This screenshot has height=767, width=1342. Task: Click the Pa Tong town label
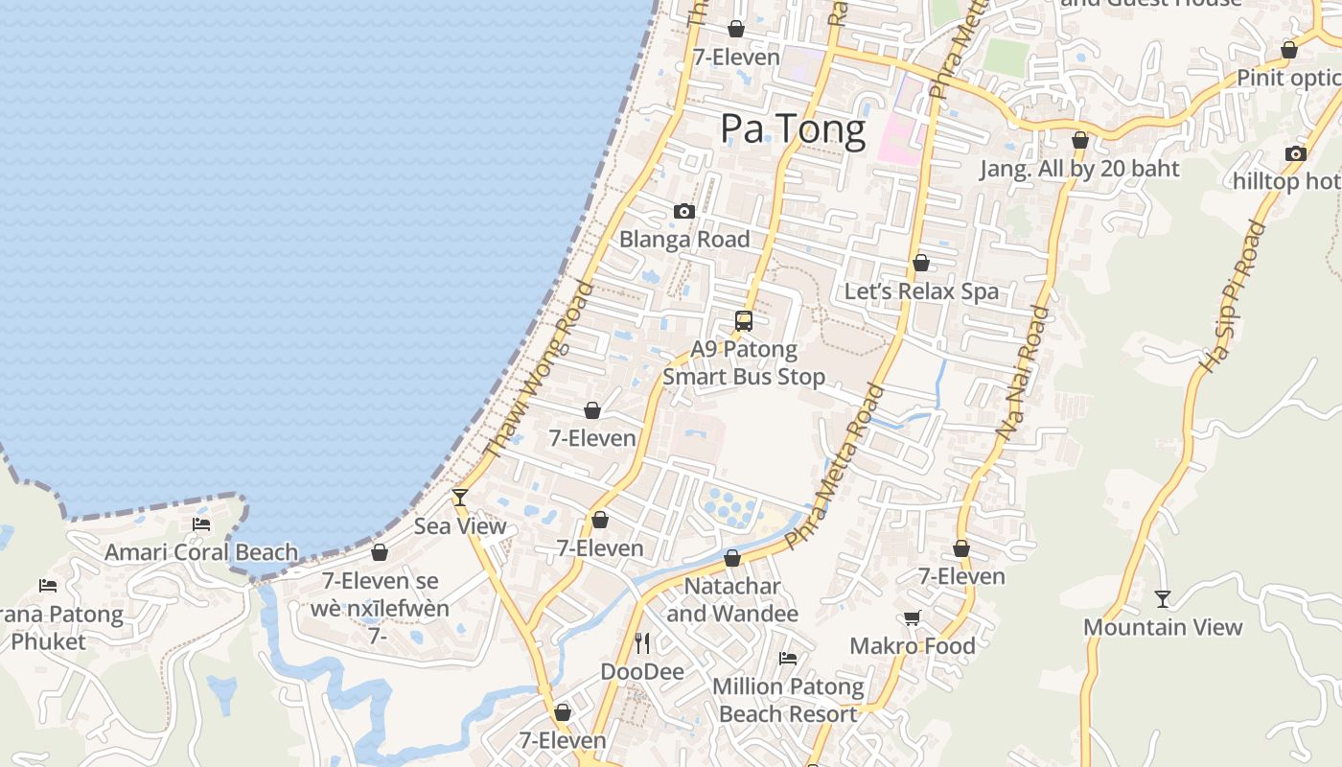point(793,128)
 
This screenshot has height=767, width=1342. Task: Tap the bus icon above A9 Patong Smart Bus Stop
point(744,321)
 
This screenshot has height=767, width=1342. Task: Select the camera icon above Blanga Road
point(683,212)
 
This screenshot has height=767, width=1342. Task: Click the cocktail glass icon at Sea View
point(460,497)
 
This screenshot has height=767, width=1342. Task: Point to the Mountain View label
point(1163,628)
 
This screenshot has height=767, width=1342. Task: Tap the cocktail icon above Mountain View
point(1163,599)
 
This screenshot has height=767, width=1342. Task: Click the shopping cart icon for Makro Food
point(912,618)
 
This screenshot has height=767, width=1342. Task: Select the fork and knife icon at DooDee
point(642,643)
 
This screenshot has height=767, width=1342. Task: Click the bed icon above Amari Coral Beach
point(201,524)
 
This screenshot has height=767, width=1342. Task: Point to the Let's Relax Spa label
point(921,291)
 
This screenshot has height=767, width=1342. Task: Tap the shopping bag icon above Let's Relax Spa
point(921,263)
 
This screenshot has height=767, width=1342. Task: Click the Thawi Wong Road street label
point(541,369)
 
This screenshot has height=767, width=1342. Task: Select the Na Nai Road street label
point(1022,374)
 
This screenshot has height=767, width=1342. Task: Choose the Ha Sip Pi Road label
point(1233,297)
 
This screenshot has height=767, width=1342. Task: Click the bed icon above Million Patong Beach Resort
point(788,659)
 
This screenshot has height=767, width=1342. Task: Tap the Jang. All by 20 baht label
point(1079,170)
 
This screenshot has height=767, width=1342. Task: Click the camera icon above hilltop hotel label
point(1295,153)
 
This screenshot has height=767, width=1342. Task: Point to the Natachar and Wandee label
point(732,599)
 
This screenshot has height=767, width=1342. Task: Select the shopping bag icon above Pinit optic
point(1289,50)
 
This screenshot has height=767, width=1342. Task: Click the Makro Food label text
point(913,646)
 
